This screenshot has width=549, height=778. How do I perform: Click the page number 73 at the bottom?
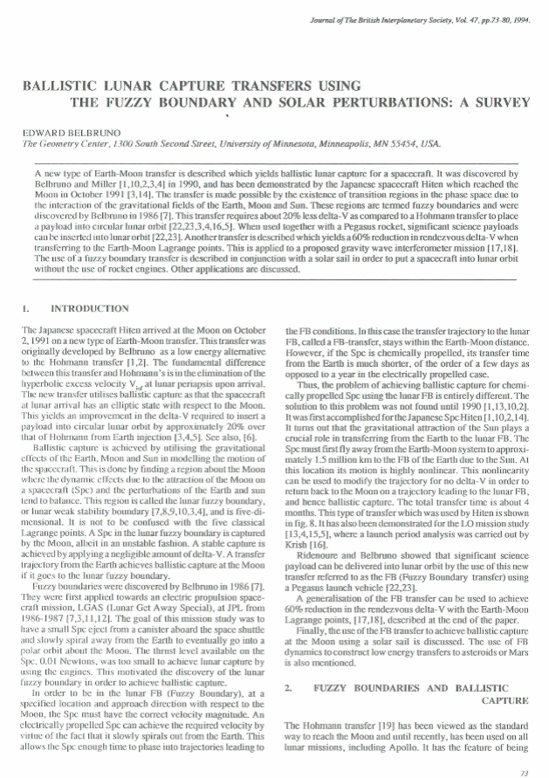tap(524, 772)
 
